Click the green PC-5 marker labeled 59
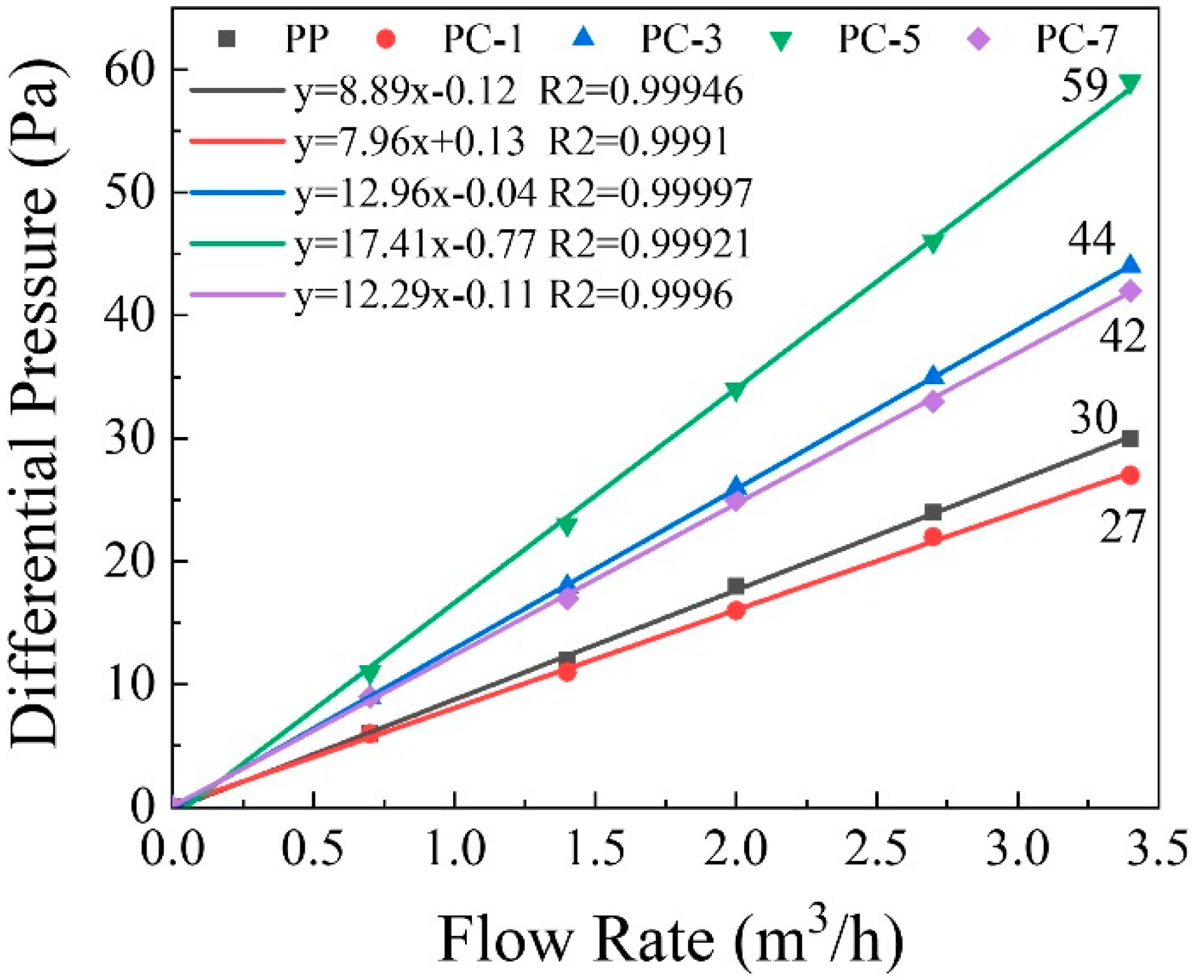click(1130, 82)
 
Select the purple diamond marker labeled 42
click(1130, 291)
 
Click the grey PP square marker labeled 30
click(1130, 439)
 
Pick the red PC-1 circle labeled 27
click(1130, 476)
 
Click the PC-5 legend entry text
click(878, 39)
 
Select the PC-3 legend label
click(681, 39)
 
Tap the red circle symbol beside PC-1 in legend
click(386, 39)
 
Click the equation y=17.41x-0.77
click(415, 243)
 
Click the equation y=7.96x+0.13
click(409, 142)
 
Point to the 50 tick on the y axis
click(128, 193)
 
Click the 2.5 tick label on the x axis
click(876, 849)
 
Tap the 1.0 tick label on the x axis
click(454, 849)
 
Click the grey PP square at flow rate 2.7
click(933, 512)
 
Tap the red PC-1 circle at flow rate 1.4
click(567, 671)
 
